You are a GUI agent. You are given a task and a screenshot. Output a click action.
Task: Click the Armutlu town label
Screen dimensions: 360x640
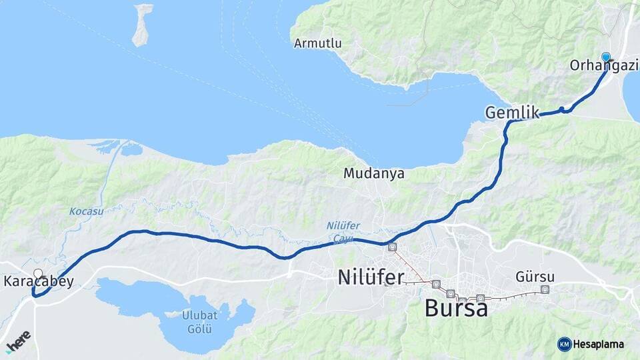tap(318, 43)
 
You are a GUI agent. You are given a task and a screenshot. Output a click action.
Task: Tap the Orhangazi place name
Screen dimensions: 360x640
tap(604, 65)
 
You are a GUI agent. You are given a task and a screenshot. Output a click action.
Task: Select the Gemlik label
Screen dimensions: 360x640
tap(512, 112)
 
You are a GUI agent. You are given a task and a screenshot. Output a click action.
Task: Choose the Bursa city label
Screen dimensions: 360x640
tap(456, 309)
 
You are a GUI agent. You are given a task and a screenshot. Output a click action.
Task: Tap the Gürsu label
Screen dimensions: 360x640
tap(535, 277)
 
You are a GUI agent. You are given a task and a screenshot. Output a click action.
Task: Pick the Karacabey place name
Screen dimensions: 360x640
tap(39, 282)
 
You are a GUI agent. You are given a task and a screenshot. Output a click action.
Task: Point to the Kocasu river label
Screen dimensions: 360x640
tap(86, 211)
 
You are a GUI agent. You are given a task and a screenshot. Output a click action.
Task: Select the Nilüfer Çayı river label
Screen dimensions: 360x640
tap(343, 231)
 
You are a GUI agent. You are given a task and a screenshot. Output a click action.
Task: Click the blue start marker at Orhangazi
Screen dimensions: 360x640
tap(605, 57)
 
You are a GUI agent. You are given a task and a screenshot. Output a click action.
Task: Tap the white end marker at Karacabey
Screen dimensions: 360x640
tap(38, 273)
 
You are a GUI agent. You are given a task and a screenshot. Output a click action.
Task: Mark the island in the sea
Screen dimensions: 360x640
tap(142, 25)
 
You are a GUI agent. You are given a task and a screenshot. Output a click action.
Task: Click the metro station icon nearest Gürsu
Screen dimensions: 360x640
tap(545, 289)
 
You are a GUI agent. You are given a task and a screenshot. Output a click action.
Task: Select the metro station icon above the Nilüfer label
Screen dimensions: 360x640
tap(392, 247)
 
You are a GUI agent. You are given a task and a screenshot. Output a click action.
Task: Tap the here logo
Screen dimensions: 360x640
tap(19, 340)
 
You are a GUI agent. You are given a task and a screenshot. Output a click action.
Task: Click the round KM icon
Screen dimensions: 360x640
tap(564, 344)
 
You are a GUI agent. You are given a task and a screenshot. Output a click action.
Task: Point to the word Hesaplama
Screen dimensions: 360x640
tap(599, 344)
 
